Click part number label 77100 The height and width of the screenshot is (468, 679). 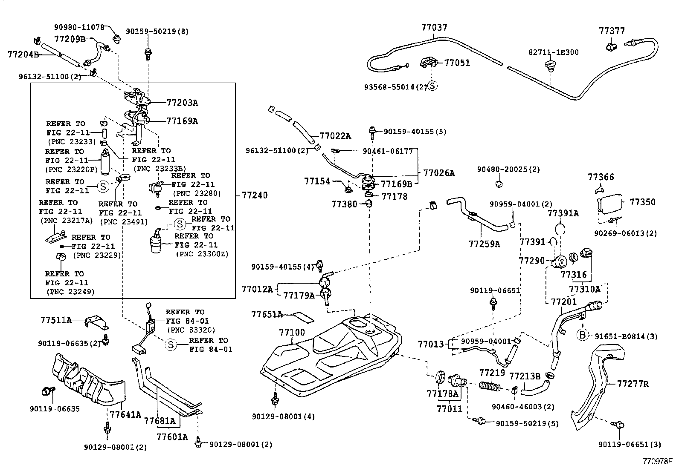(292, 332)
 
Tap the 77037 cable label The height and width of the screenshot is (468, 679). (434, 27)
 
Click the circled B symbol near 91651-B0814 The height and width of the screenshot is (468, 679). (583, 336)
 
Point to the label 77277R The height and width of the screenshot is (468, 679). (633, 384)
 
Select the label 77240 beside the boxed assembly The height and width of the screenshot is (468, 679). (255, 195)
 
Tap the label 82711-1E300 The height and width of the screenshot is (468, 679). (554, 52)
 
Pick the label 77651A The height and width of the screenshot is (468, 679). (267, 314)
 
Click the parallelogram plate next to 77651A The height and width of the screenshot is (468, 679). (303, 317)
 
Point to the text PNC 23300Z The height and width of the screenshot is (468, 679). (202, 254)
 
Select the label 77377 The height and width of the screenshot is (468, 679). (612, 31)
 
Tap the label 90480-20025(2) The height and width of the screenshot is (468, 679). (508, 169)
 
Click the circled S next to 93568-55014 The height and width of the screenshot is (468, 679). (432, 86)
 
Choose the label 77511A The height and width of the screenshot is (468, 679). (57, 320)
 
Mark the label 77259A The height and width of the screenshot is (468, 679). (484, 244)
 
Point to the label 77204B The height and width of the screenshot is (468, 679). (23, 54)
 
